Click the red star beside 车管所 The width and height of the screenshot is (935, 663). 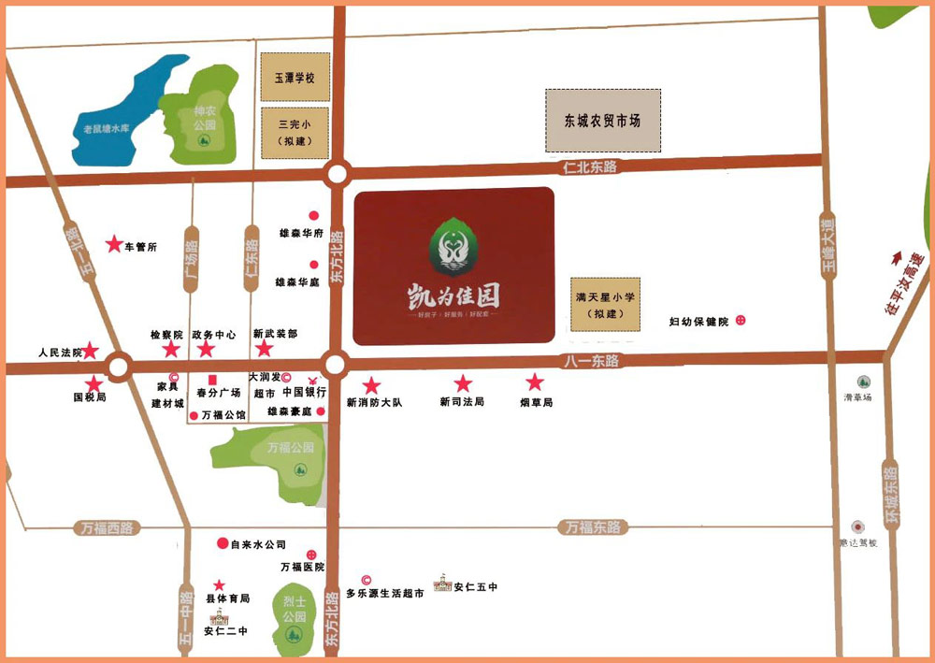pyautogui.click(x=114, y=245)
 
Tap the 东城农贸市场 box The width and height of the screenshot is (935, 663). pyautogui.click(x=602, y=121)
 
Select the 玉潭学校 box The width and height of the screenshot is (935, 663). pyautogui.click(x=295, y=77)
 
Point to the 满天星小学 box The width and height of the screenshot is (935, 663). pyautogui.click(x=605, y=304)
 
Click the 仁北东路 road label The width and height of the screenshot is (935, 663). pyautogui.click(x=591, y=166)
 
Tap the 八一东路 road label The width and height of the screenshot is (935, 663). pyautogui.click(x=592, y=359)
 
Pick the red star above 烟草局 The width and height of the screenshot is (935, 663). pyautogui.click(x=535, y=382)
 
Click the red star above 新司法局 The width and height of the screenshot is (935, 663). pyautogui.click(x=463, y=383)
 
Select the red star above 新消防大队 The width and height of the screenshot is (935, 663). pyautogui.click(x=372, y=385)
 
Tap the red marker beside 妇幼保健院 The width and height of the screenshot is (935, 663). pyautogui.click(x=741, y=321)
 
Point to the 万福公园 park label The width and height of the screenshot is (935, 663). pyautogui.click(x=290, y=448)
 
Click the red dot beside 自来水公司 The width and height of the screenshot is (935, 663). pyautogui.click(x=223, y=543)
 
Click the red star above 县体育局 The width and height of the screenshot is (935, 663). pyautogui.click(x=220, y=584)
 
